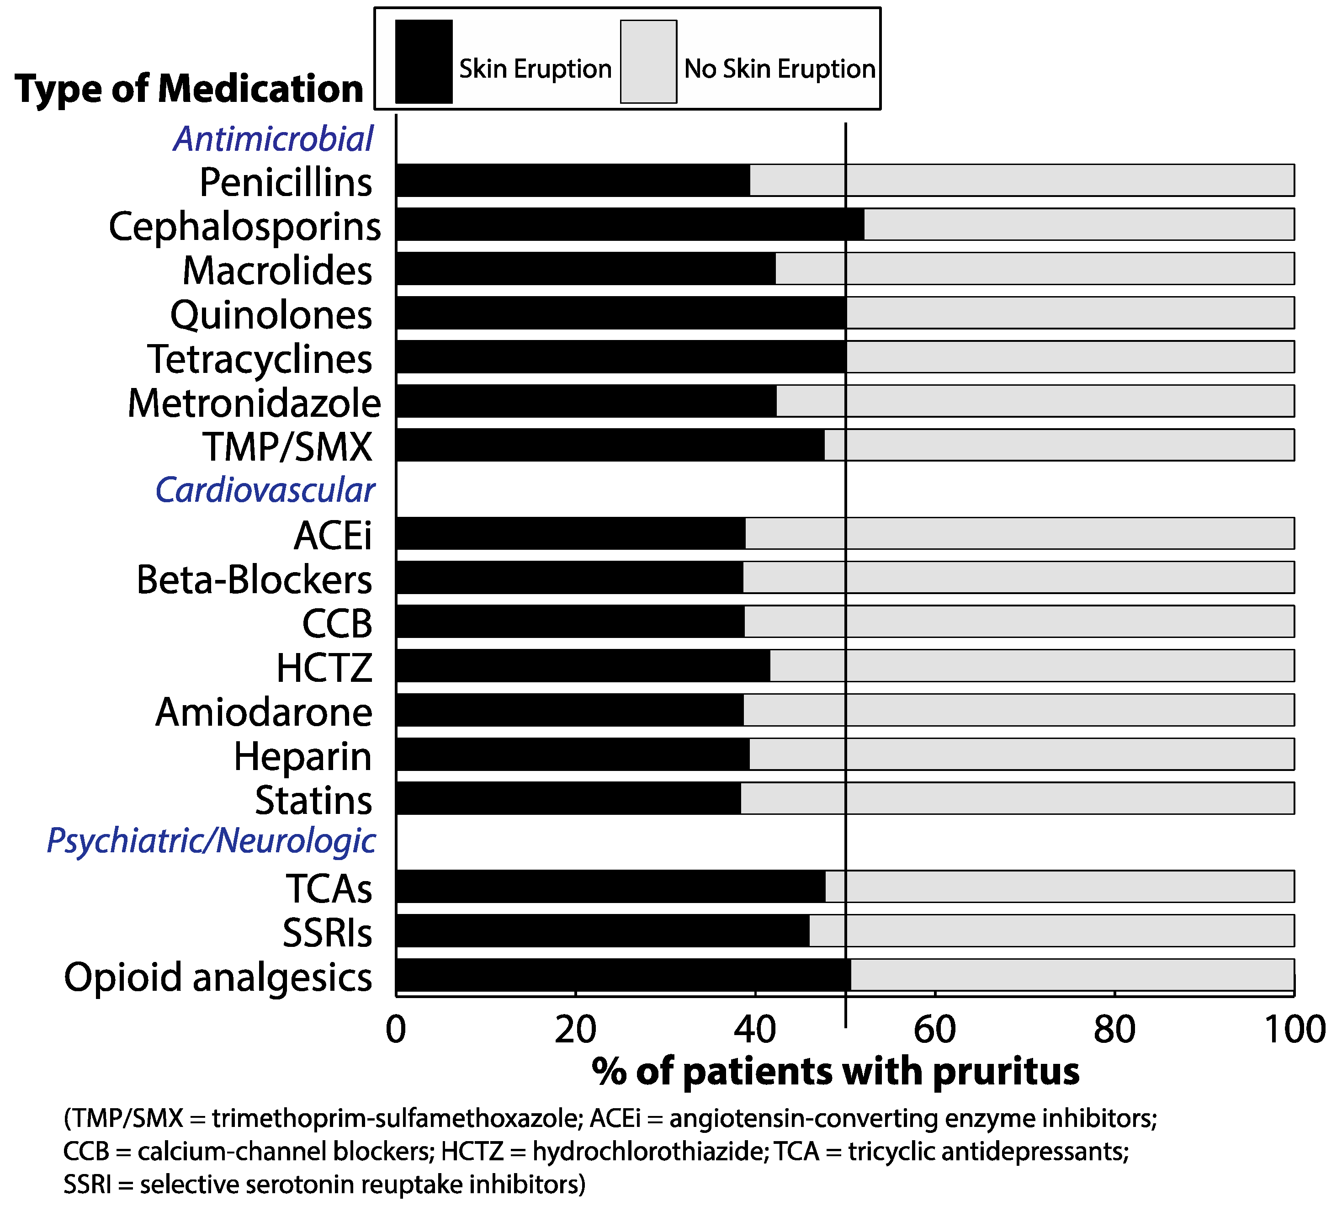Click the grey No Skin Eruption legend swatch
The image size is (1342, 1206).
point(648,62)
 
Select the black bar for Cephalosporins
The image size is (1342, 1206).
point(629,224)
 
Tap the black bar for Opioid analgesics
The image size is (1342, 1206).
point(623,975)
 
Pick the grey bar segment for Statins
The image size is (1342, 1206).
point(1017,798)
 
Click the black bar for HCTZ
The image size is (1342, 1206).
point(583,665)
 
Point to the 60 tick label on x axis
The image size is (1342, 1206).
point(934,1030)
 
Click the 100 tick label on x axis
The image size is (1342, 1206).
point(1294,1030)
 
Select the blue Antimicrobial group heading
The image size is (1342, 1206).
point(274,139)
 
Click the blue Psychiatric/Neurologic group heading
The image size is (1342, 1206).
point(211,841)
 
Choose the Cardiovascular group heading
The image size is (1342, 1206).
point(265,490)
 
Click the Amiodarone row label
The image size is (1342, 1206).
point(264,712)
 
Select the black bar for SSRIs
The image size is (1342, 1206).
point(603,930)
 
